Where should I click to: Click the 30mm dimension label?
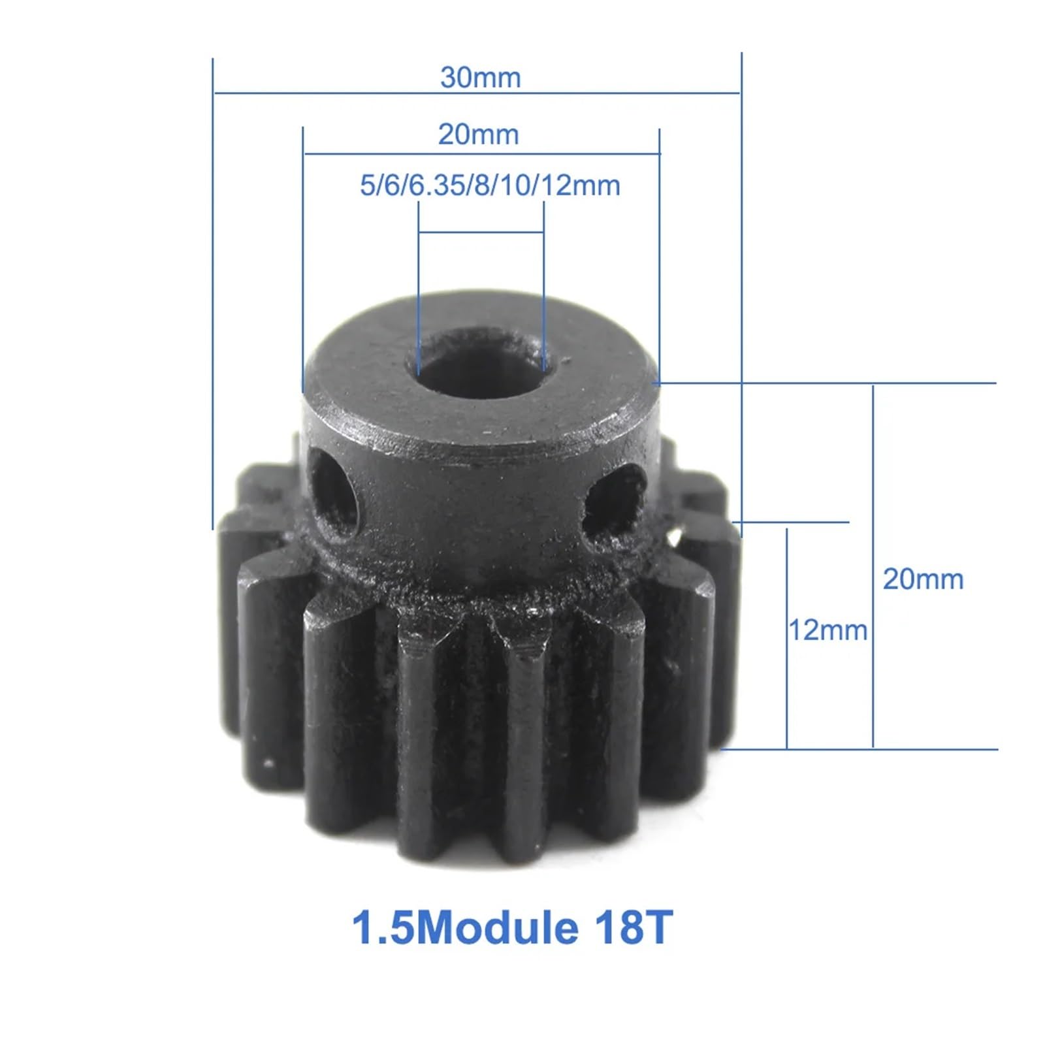(x=480, y=78)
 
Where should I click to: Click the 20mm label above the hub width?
(x=478, y=135)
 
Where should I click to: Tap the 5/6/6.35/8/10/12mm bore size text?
(x=490, y=185)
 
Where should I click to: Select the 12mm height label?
(x=828, y=630)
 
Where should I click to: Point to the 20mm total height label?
(x=923, y=579)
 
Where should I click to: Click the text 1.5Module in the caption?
(x=464, y=927)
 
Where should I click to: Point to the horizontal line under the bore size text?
(x=481, y=232)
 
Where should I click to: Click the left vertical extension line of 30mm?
(x=213, y=294)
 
